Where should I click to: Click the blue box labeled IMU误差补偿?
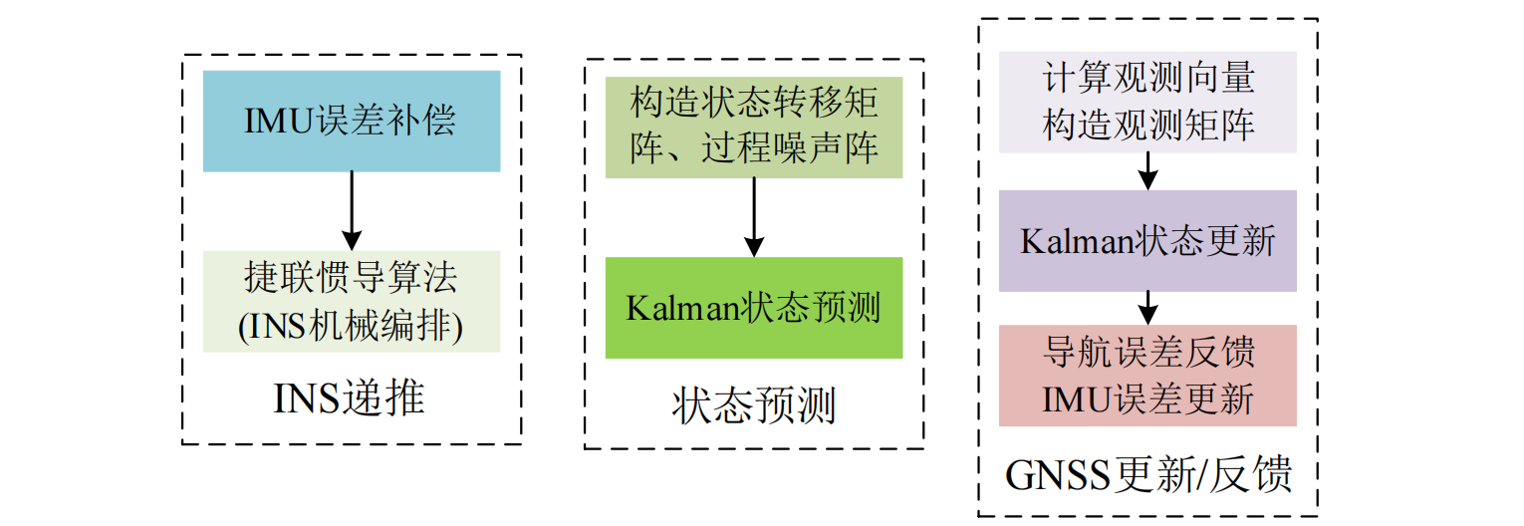(x=351, y=121)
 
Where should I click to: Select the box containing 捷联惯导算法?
(x=351, y=301)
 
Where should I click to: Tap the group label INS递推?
(x=351, y=398)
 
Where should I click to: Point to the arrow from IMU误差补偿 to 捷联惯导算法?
(x=351, y=210)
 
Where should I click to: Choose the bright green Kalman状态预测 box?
(x=754, y=308)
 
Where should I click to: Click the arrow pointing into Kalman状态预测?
(x=754, y=217)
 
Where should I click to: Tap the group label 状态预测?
(x=754, y=406)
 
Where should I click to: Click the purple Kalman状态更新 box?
(x=1147, y=241)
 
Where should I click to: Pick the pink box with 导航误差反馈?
(x=1147, y=376)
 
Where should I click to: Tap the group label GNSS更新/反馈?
(x=1147, y=475)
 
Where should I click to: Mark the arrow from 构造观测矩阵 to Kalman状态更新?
(x=1147, y=170)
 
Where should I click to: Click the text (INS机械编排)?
(x=351, y=328)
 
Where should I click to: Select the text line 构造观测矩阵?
(x=1147, y=127)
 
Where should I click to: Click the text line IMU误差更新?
(x=1147, y=399)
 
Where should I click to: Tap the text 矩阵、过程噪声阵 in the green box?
(x=754, y=149)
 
